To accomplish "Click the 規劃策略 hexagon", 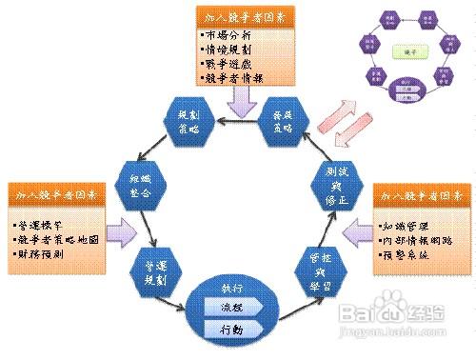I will click(x=188, y=121).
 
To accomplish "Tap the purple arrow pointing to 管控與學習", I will click(x=354, y=231).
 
